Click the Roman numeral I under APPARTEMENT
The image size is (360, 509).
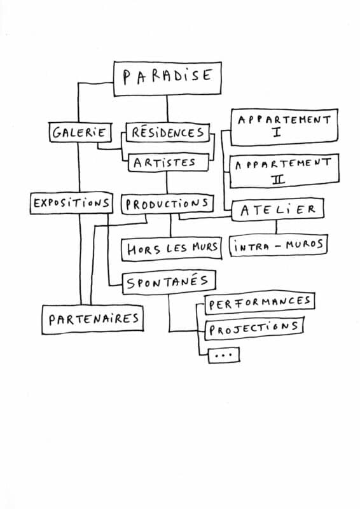pyautogui.click(x=277, y=132)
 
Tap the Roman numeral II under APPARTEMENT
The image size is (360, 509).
pyautogui.click(x=279, y=179)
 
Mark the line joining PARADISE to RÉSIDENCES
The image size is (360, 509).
pyautogui.click(x=167, y=109)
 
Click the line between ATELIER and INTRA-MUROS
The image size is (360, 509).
pyautogui.click(x=277, y=228)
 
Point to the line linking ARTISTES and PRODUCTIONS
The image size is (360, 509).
pyautogui.click(x=167, y=183)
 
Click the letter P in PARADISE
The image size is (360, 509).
pyautogui.click(x=127, y=78)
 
